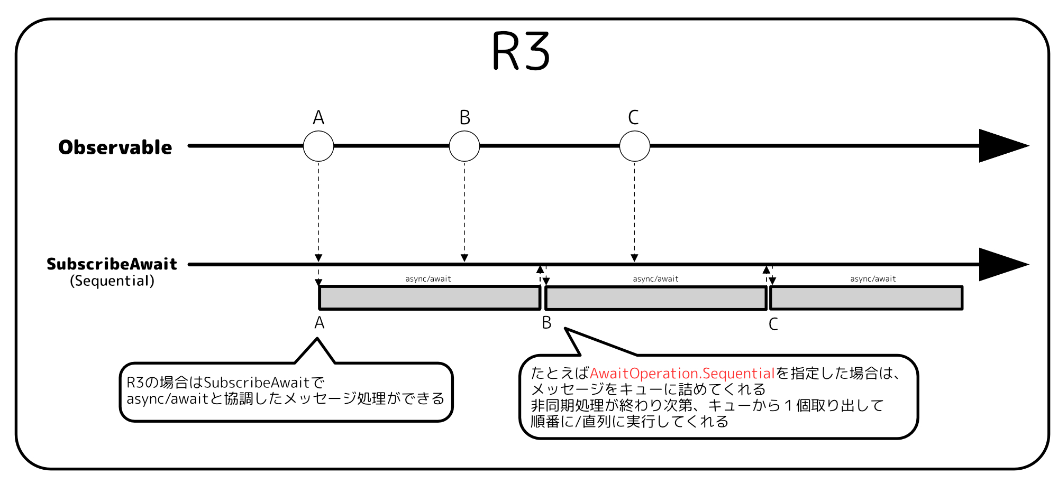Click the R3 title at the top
coord(521,51)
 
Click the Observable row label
coord(115,147)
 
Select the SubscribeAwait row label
coord(112,264)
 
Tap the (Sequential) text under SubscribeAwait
coord(112,281)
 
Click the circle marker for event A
coord(318,146)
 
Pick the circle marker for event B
coord(464,146)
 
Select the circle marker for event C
coord(634,146)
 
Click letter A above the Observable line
coord(318,117)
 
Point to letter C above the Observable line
coord(633,117)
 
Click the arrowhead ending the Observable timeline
coord(1001,146)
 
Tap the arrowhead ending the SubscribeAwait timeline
coord(1001,264)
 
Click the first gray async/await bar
coord(430,298)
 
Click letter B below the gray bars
coord(546,323)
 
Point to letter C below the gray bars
coord(773,324)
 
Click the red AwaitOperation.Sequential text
coord(682,374)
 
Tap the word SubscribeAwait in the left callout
coord(256,383)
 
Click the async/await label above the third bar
coord(873,279)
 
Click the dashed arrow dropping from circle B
coord(464,211)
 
